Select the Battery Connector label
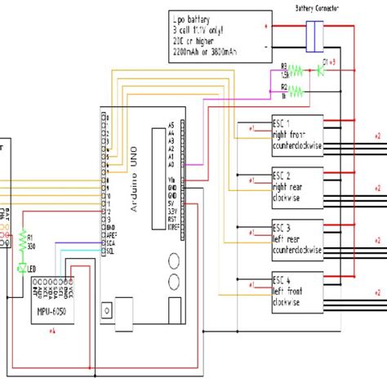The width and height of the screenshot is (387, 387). pyautogui.click(x=318, y=7)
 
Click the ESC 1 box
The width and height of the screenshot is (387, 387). pyautogui.click(x=297, y=135)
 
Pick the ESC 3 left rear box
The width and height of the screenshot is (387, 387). pyautogui.click(x=297, y=237)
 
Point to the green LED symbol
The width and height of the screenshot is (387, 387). pyautogui.click(x=22, y=267)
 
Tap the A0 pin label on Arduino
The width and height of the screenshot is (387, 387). pyautogui.click(x=170, y=162)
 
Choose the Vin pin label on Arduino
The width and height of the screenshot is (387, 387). pyautogui.click(x=170, y=180)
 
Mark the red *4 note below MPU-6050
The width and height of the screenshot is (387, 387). pyautogui.click(x=52, y=330)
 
